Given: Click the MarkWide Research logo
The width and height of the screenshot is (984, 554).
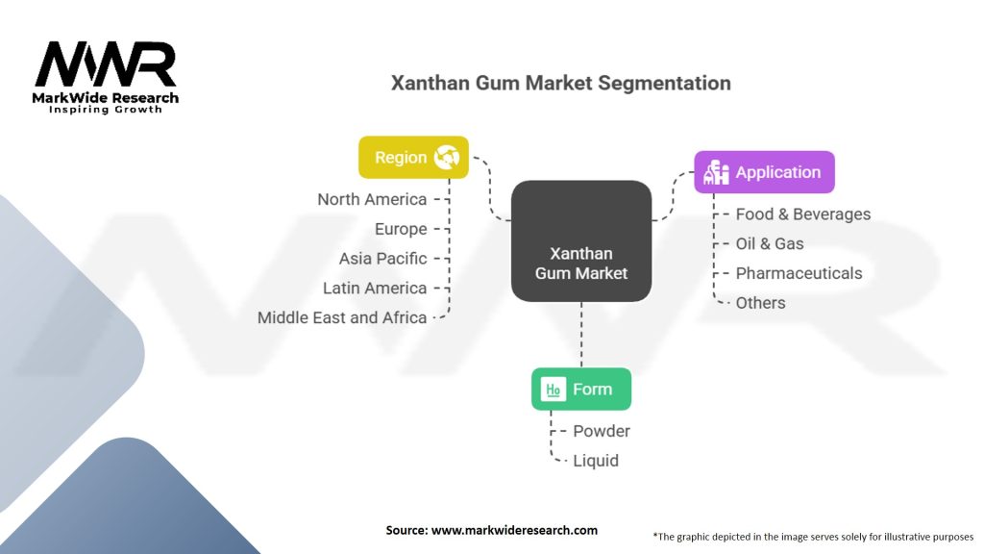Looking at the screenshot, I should [x=107, y=76].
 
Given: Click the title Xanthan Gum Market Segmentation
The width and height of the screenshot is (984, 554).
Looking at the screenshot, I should [x=560, y=83].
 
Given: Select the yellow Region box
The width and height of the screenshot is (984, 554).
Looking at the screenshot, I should [x=413, y=157].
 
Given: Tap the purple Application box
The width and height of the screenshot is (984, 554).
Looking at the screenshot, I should [x=764, y=172].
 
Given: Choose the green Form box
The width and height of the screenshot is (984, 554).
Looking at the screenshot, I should [x=580, y=389].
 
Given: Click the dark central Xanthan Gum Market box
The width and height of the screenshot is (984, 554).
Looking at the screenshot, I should [x=580, y=240].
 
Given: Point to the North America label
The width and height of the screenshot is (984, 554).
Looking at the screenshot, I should [x=372, y=199].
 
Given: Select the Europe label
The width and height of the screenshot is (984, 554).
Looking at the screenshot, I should [x=401, y=229].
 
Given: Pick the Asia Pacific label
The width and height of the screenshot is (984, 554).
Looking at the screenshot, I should [x=382, y=259].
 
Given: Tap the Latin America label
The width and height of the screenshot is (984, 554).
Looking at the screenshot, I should [x=375, y=288].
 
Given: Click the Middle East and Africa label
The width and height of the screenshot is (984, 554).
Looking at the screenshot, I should [x=342, y=317].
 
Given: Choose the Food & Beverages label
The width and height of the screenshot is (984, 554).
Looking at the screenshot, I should [x=802, y=214].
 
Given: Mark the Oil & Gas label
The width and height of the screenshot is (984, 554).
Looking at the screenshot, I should [x=769, y=243].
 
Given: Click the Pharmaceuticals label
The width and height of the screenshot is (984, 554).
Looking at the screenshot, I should [x=799, y=273].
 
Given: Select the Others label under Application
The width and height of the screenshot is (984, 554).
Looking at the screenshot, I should [x=760, y=303].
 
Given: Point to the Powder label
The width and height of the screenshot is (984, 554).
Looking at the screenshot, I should [x=602, y=431].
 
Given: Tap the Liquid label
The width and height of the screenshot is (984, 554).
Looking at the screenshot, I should [x=596, y=461].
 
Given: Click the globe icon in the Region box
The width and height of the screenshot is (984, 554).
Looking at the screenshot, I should [x=447, y=157].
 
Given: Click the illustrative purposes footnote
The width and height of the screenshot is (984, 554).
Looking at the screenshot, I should [x=813, y=537].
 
